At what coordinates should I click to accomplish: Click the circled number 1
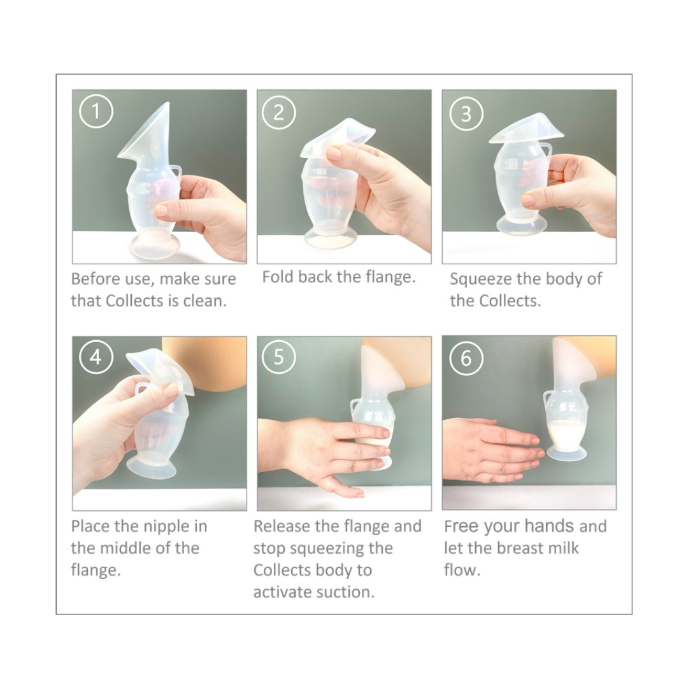[96, 111]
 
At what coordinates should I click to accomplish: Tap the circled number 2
[278, 113]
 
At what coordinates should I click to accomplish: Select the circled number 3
[466, 113]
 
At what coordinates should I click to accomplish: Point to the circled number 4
[96, 357]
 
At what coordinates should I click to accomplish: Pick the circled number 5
[278, 357]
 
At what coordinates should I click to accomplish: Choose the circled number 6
[466, 358]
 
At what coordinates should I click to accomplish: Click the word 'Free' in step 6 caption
[461, 526]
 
